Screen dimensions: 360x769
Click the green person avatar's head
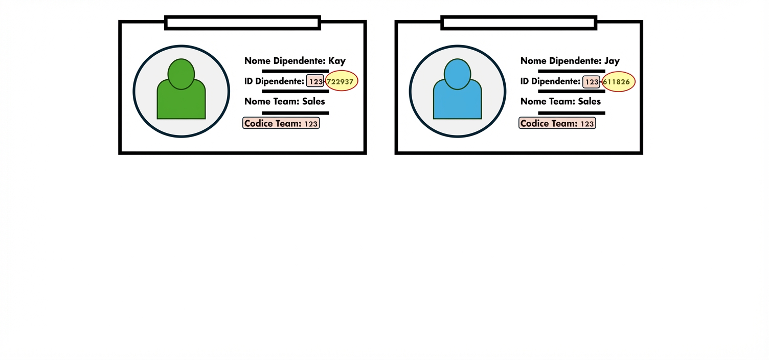(x=181, y=74)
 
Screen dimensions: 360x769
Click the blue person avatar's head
(x=457, y=74)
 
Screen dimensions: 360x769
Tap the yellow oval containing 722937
(x=342, y=81)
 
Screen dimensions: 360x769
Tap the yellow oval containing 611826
(x=618, y=81)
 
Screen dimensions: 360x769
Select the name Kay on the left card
(x=337, y=60)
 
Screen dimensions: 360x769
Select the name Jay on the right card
(x=612, y=60)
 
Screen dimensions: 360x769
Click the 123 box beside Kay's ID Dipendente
(x=315, y=81)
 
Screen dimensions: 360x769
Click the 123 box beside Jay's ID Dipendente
(x=591, y=81)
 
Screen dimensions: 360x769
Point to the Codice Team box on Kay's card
(x=281, y=123)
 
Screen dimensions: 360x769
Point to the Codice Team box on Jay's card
(x=557, y=123)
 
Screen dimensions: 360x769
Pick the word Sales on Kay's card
(x=313, y=101)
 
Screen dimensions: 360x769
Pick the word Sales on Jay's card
(x=590, y=101)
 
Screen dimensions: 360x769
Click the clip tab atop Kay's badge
(x=242, y=22)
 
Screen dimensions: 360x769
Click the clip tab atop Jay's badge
(x=518, y=22)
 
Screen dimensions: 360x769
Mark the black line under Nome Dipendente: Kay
(x=295, y=71)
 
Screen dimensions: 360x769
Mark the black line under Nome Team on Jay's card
(x=571, y=112)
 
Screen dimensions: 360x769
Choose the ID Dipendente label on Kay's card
(x=274, y=81)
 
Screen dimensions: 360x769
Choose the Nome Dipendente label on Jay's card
(x=560, y=60)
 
